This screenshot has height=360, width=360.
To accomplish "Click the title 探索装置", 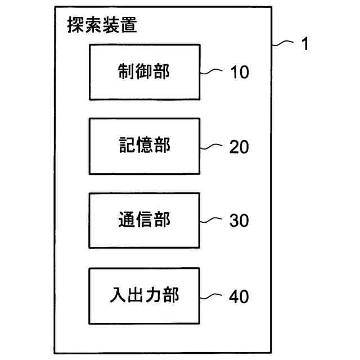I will click(102, 25).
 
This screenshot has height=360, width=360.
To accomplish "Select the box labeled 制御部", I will click(144, 71).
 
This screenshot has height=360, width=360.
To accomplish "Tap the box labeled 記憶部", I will click(144, 146).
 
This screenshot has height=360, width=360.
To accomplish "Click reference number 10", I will click(238, 72).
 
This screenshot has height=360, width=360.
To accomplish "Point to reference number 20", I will click(238, 147).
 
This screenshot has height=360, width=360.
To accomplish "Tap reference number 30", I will click(238, 221).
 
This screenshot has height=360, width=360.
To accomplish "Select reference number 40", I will click(238, 296).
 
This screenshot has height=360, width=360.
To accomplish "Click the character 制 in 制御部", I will click(125, 71).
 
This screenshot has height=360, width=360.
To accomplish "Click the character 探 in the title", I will click(75, 25).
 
